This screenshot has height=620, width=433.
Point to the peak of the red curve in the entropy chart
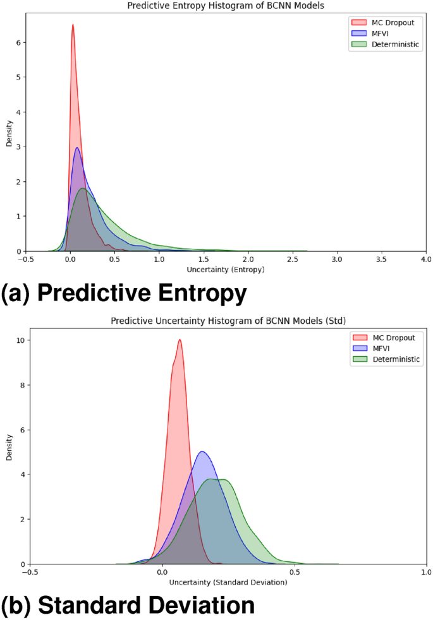click(73, 25)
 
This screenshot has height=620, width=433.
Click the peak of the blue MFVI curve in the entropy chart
click(77, 148)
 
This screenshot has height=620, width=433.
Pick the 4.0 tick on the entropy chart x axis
click(425, 259)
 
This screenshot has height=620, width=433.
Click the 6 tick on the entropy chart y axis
click(18, 43)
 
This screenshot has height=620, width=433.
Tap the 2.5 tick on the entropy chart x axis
click(292, 259)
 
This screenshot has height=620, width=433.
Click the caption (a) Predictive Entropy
click(123, 294)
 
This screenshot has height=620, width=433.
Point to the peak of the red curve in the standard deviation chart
click(180, 340)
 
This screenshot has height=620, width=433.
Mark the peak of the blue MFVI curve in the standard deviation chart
click(202, 451)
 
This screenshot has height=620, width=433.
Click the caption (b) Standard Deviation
click(128, 606)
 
